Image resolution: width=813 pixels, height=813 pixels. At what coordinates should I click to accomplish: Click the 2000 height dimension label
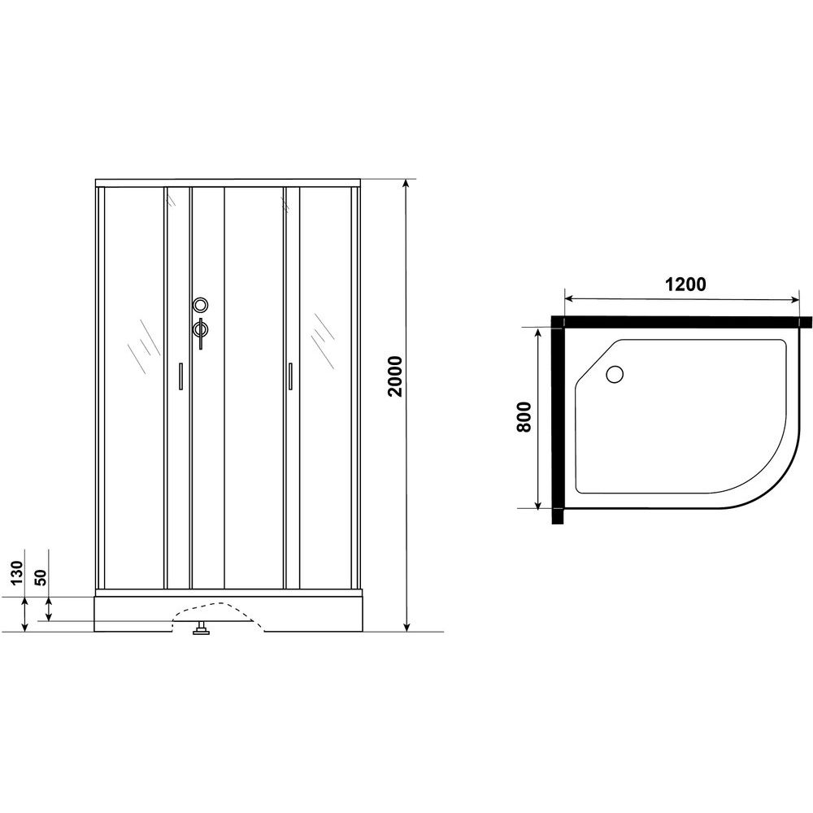pyautogui.click(x=395, y=376)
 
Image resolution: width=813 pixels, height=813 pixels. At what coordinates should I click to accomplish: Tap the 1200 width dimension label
pyautogui.click(x=685, y=284)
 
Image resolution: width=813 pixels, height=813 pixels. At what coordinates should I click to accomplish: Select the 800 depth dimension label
pyautogui.click(x=524, y=417)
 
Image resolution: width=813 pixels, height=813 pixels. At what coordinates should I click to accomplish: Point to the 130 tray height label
pyautogui.click(x=18, y=572)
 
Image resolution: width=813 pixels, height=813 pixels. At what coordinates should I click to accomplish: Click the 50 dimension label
pyautogui.click(x=41, y=576)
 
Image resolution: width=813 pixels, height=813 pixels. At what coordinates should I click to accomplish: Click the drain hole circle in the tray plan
pyautogui.click(x=615, y=374)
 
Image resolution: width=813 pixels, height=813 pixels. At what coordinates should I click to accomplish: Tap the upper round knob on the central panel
pyautogui.click(x=200, y=304)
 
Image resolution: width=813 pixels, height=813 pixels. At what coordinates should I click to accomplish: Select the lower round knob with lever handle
pyautogui.click(x=200, y=332)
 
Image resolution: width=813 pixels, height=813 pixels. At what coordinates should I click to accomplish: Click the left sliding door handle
pyautogui.click(x=180, y=376)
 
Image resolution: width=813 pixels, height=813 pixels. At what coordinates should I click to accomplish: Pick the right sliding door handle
pyautogui.click(x=290, y=376)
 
